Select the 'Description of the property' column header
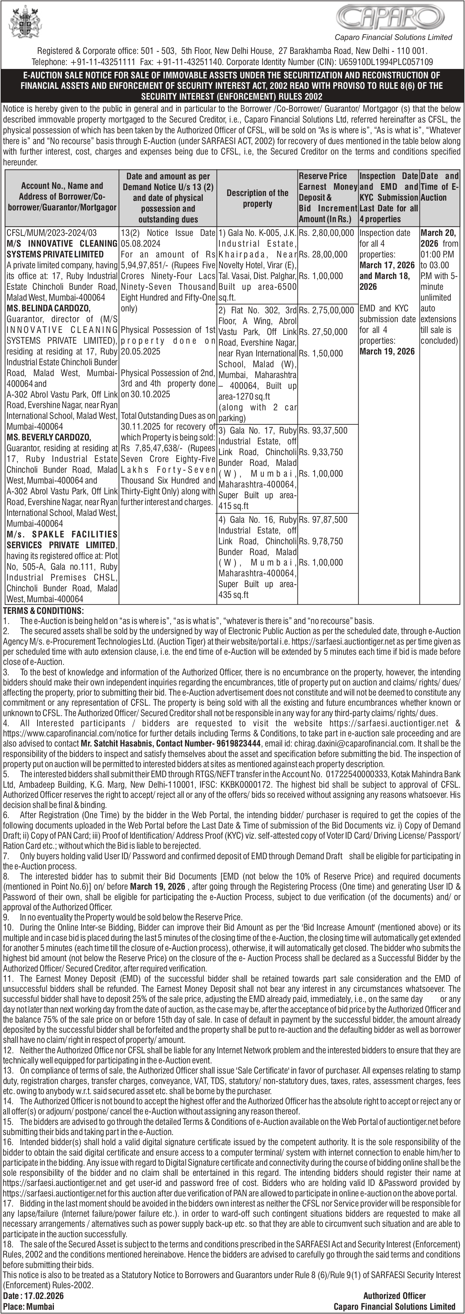[x=258, y=198]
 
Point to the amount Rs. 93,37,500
[x=323, y=431]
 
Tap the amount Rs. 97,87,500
[x=323, y=520]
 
